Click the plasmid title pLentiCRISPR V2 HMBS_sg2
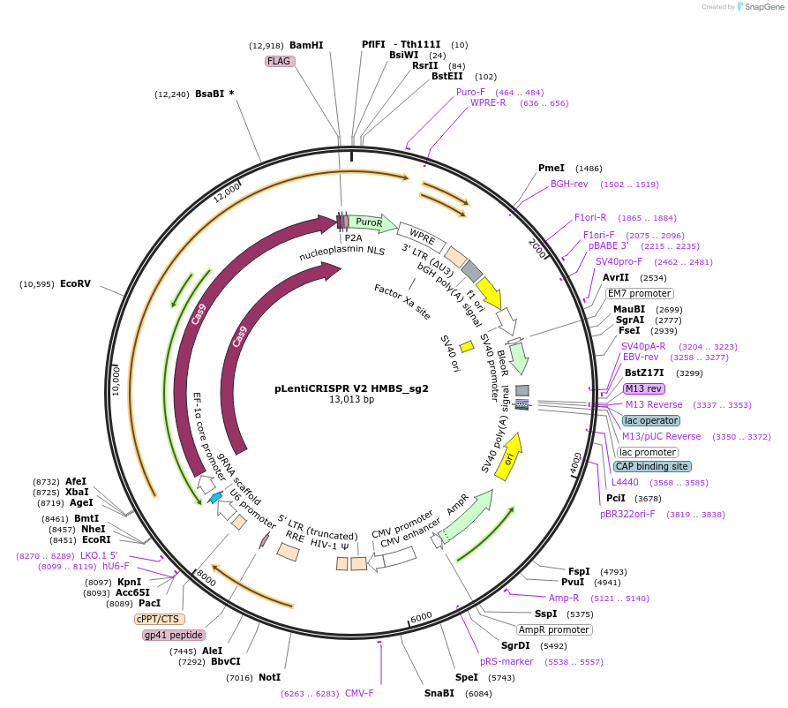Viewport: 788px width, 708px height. [x=351, y=388]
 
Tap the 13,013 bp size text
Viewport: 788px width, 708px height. [x=351, y=400]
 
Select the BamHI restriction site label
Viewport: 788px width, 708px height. [x=306, y=45]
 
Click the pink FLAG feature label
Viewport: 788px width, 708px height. [x=280, y=62]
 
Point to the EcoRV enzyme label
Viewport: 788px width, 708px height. [x=75, y=283]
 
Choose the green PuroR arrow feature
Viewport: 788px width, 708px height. [x=369, y=223]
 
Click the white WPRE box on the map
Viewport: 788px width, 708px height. [x=417, y=235]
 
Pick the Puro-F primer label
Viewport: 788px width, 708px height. [x=470, y=92]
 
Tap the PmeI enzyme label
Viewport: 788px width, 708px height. [x=552, y=168]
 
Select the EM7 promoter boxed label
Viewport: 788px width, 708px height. [x=640, y=293]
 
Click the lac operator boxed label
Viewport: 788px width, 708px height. [x=650, y=420]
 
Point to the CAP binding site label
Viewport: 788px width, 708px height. [x=652, y=466]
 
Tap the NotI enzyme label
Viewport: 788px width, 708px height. [x=269, y=677]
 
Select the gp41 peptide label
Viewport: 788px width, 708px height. [x=174, y=635]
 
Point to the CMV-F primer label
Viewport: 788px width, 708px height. [x=359, y=693]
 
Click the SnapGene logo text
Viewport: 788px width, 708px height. [x=762, y=7]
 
